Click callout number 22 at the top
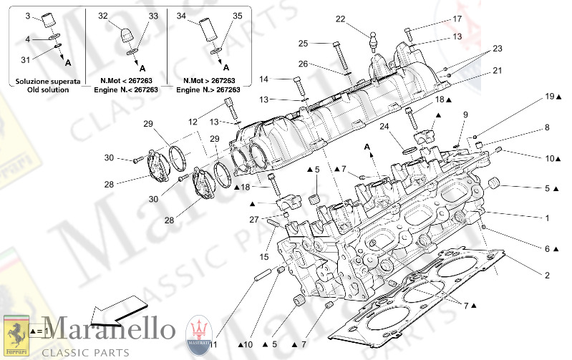[340, 19]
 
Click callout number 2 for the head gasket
[547, 276]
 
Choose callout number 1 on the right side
[547, 218]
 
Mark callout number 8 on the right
[547, 128]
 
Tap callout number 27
[253, 220]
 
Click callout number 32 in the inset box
[102, 15]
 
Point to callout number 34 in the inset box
[181, 15]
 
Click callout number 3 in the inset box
[28, 15]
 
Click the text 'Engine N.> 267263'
[210, 90]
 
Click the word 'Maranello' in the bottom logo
[108, 330]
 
